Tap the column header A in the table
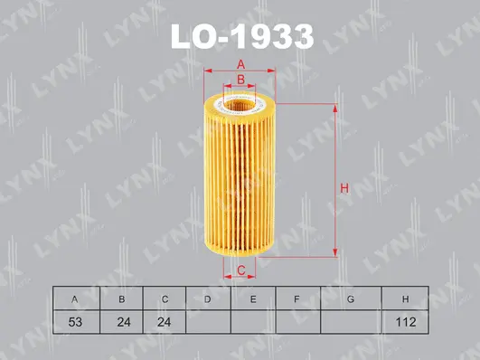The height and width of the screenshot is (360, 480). (x=73, y=298)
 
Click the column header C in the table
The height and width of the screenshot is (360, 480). (x=163, y=298)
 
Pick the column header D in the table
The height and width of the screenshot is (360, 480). (x=208, y=298)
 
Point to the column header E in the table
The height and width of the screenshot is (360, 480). (x=253, y=298)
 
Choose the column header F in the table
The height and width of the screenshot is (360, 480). (x=298, y=298)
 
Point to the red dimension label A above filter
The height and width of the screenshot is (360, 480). (x=241, y=63)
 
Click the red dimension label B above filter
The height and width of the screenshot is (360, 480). (x=241, y=80)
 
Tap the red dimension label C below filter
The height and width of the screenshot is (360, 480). (x=241, y=270)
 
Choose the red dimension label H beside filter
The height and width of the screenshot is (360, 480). (x=344, y=188)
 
